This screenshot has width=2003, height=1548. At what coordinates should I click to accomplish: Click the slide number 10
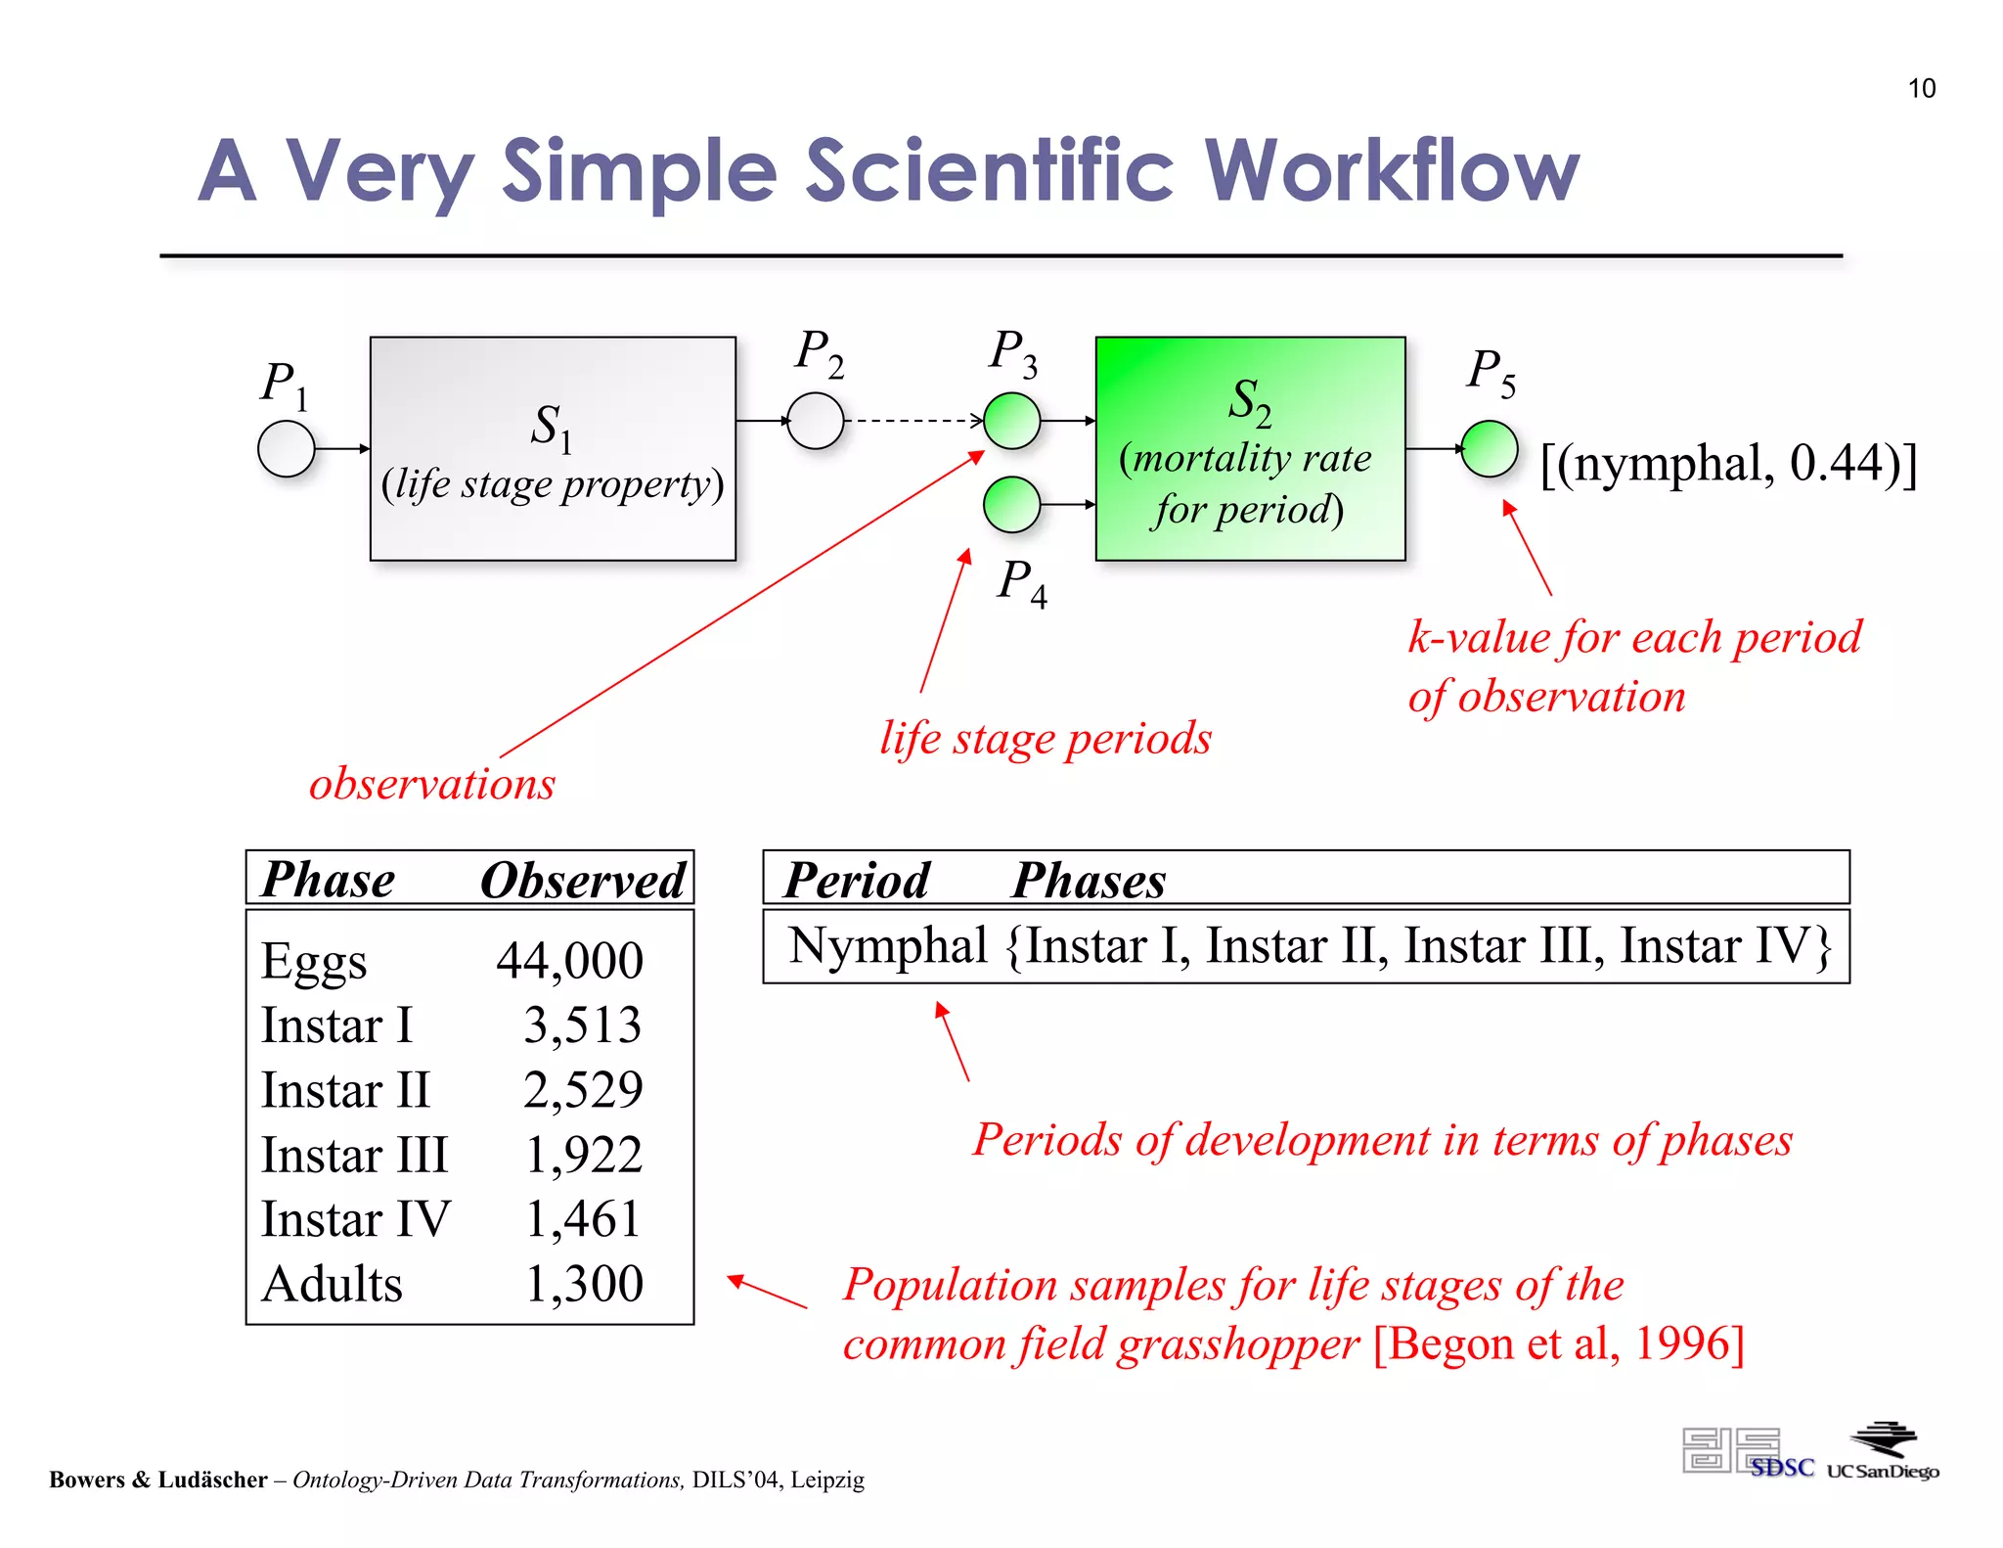coord(1921,89)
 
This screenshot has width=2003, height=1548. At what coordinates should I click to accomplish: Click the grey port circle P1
coord(286,449)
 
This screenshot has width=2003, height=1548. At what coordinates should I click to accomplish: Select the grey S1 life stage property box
coord(553,449)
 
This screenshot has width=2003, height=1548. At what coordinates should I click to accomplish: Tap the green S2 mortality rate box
coord(1250,449)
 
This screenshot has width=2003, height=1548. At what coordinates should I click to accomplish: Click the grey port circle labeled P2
coord(815,421)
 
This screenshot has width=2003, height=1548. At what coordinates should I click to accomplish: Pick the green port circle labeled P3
coord(1011,421)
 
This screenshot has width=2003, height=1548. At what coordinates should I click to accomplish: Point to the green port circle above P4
coord(1011,504)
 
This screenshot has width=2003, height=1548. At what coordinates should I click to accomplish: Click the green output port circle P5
coord(1489,449)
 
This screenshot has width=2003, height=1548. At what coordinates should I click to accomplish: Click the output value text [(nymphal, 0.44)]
coord(1728,463)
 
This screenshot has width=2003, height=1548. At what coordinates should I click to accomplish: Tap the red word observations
coord(431,784)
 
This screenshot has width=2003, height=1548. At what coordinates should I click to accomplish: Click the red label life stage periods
coord(1045,738)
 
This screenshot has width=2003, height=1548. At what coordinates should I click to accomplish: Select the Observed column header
coord(583,880)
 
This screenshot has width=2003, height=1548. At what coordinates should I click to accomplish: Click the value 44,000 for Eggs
coord(569,960)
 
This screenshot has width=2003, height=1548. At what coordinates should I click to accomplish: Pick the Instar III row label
coord(354,1155)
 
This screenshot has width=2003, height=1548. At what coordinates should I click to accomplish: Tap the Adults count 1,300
coord(584,1284)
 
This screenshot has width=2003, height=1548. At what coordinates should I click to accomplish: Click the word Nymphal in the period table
coord(887,946)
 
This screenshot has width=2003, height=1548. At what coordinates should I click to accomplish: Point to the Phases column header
coord(1088,880)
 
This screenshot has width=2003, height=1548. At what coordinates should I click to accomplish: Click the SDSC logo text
coord(1781,1468)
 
